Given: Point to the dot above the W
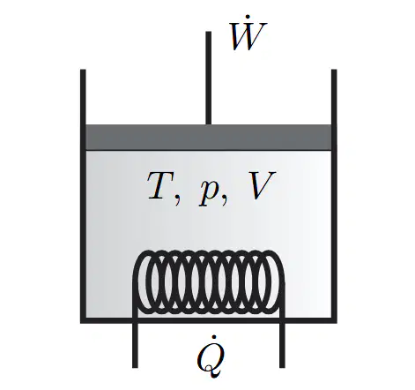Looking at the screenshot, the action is (x=248, y=16).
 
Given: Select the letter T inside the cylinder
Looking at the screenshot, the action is (x=160, y=185).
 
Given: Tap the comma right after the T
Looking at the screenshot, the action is (x=177, y=200).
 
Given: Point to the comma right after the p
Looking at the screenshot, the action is (x=225, y=200).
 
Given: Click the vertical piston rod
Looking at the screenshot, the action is (x=208, y=78).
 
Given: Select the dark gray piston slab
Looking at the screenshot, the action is (x=209, y=138).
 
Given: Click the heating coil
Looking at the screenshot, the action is (x=208, y=281).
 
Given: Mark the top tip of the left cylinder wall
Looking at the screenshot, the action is (x=83, y=70).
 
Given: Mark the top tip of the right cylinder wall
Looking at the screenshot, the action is (x=334, y=70).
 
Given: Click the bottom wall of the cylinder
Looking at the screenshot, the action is (x=209, y=320).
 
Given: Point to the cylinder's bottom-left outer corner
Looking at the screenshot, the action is (x=80, y=323).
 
